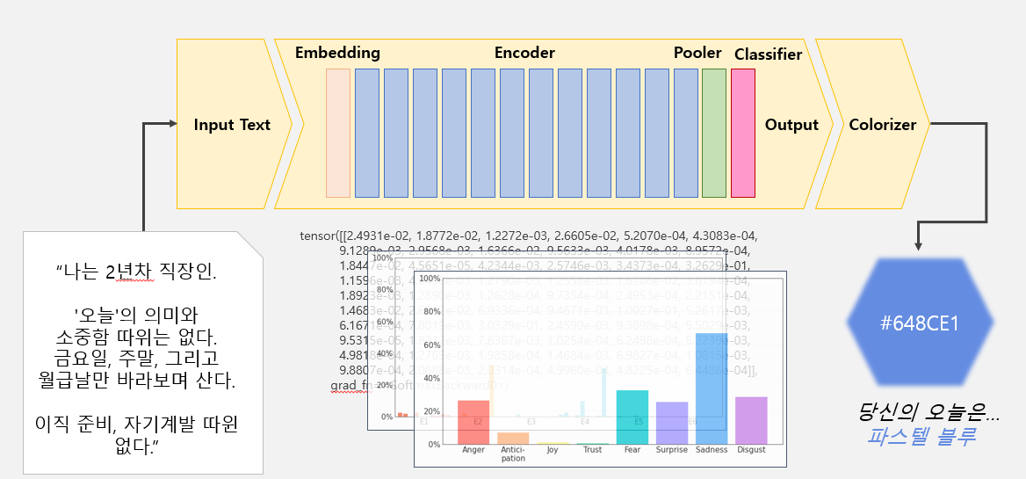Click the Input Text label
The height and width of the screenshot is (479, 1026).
(232, 125)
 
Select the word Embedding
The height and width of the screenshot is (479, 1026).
(337, 53)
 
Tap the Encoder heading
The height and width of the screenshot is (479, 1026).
(524, 53)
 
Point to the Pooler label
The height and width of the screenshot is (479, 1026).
(697, 53)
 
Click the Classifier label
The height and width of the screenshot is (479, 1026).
(768, 54)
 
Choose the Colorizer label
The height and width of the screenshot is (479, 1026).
(882, 125)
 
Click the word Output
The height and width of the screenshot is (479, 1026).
(791, 125)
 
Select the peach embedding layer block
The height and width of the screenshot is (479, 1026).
(338, 133)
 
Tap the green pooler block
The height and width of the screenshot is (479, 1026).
(714, 133)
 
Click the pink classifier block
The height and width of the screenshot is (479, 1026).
(743, 133)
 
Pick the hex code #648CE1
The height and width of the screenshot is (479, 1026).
(919, 323)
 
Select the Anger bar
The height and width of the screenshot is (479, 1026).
(473, 422)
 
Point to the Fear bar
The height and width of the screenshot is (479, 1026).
(632, 417)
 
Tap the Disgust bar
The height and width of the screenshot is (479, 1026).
(751, 420)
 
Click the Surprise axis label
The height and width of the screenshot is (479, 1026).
(672, 450)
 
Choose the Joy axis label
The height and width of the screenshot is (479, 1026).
(553, 450)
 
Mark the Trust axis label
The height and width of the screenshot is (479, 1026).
(593, 450)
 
